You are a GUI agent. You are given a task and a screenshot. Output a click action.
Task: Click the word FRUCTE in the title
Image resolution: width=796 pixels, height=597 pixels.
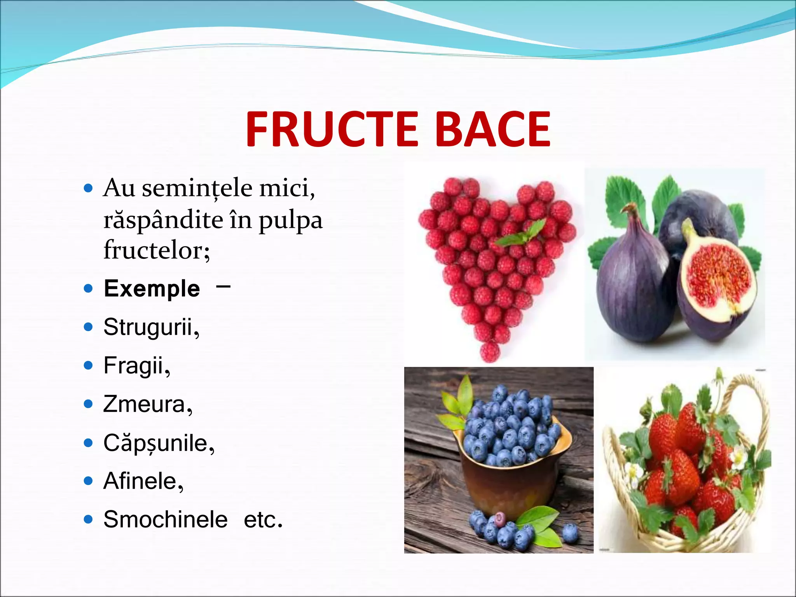332,129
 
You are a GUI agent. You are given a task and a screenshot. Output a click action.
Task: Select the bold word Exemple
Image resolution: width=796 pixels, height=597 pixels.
152,289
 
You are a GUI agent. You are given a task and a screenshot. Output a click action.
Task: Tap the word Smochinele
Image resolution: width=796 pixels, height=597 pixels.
165,519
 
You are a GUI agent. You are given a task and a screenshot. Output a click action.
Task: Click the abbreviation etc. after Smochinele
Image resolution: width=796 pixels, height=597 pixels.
263,519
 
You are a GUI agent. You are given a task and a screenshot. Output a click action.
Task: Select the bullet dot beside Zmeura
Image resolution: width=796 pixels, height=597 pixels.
89,404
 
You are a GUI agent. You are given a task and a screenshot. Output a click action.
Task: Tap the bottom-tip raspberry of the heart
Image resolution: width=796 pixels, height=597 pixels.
490,352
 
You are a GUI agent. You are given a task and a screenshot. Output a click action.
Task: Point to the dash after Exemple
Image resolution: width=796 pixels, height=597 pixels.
223,287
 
